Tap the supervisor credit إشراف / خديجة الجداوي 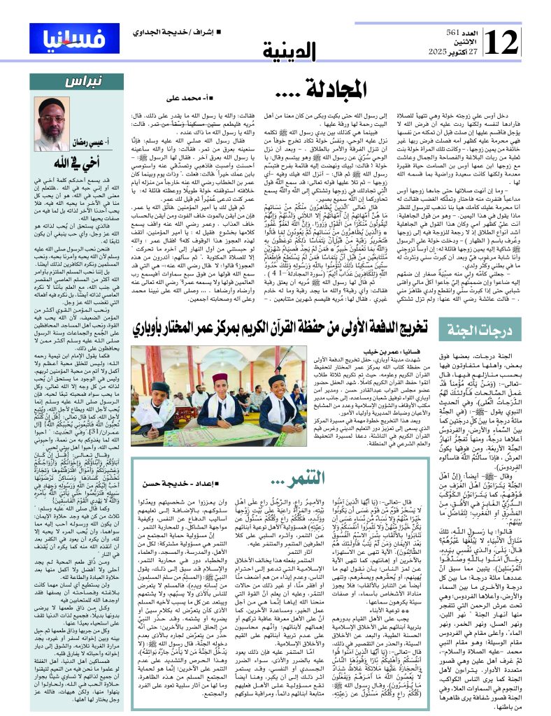pyautogui.click(x=165, y=33)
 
